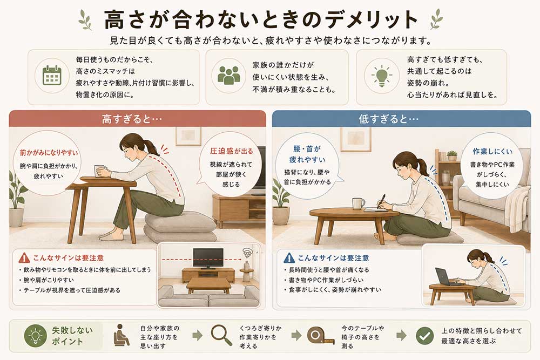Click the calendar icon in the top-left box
tap(52, 76)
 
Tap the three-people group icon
tap(228, 76)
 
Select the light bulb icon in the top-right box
tap(381, 76)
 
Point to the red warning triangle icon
tap(24, 257)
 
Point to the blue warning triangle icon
tap(289, 257)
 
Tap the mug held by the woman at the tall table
tap(99, 171)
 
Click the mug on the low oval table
tap(358, 203)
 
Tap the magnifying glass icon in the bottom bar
tap(221, 335)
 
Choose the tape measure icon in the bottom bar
tap(320, 335)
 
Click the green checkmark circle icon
tap(424, 336)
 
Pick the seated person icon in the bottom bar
tap(121, 335)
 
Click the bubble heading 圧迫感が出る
tap(232, 151)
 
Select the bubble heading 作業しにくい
tap(492, 152)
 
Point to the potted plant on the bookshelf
tap(452, 155)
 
